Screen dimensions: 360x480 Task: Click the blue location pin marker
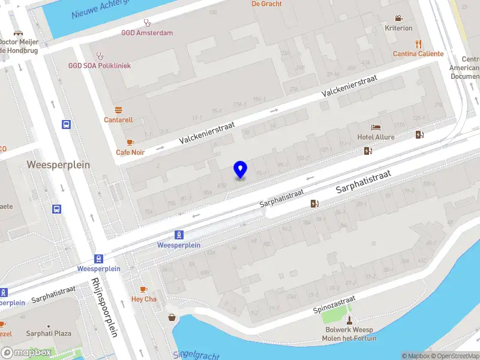point(240,170)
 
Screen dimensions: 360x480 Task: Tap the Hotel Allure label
point(376,137)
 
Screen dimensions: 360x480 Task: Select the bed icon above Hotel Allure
point(376,127)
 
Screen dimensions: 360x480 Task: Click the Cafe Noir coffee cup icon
point(130,142)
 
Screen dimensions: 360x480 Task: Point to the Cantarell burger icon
point(118,110)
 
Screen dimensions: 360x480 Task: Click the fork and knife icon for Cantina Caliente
point(418,43)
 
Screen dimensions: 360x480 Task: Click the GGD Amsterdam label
point(146,33)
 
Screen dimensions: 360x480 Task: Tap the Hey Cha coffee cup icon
point(143,289)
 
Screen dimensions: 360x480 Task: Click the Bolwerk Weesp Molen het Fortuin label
point(350,334)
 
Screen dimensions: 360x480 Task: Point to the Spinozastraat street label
point(334,305)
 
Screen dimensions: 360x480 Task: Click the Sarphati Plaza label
point(49,333)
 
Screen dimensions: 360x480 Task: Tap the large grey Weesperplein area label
point(58,164)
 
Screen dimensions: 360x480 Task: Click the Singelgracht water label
point(196,355)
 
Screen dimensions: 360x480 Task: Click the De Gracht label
point(266,4)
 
